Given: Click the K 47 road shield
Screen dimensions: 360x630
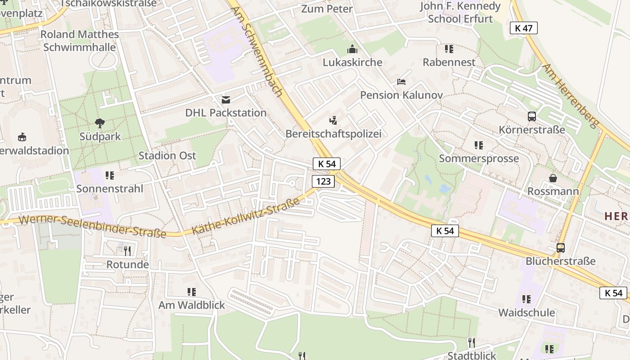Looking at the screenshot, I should tap(524, 28).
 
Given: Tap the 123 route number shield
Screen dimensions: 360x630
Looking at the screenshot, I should tap(323, 181).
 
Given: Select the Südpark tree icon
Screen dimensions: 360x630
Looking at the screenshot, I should tap(100, 122).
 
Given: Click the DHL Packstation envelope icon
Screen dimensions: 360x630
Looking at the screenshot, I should tap(226, 99).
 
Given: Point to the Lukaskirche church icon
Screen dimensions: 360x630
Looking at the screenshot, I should tap(352, 49).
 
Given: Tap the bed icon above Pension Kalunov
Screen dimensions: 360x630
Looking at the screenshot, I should tap(401, 82).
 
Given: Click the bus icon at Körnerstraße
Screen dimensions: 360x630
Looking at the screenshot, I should tap(532, 117).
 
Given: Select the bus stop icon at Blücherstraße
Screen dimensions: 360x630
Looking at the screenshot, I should tap(561, 247).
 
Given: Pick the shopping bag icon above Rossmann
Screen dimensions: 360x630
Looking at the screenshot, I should tap(553, 178).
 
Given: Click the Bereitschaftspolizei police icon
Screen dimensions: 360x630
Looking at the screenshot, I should tap(333, 120).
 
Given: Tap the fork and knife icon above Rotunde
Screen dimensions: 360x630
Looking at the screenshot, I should tap(127, 251).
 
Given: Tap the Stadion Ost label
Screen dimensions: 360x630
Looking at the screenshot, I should tap(167, 156).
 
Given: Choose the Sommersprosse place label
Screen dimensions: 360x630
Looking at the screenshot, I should tap(479, 158).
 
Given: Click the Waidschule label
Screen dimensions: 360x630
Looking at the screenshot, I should tap(526, 312).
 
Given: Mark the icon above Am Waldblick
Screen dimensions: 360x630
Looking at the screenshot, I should tap(191, 292).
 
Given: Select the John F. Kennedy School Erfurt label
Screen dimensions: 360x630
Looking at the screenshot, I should tap(460, 12).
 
